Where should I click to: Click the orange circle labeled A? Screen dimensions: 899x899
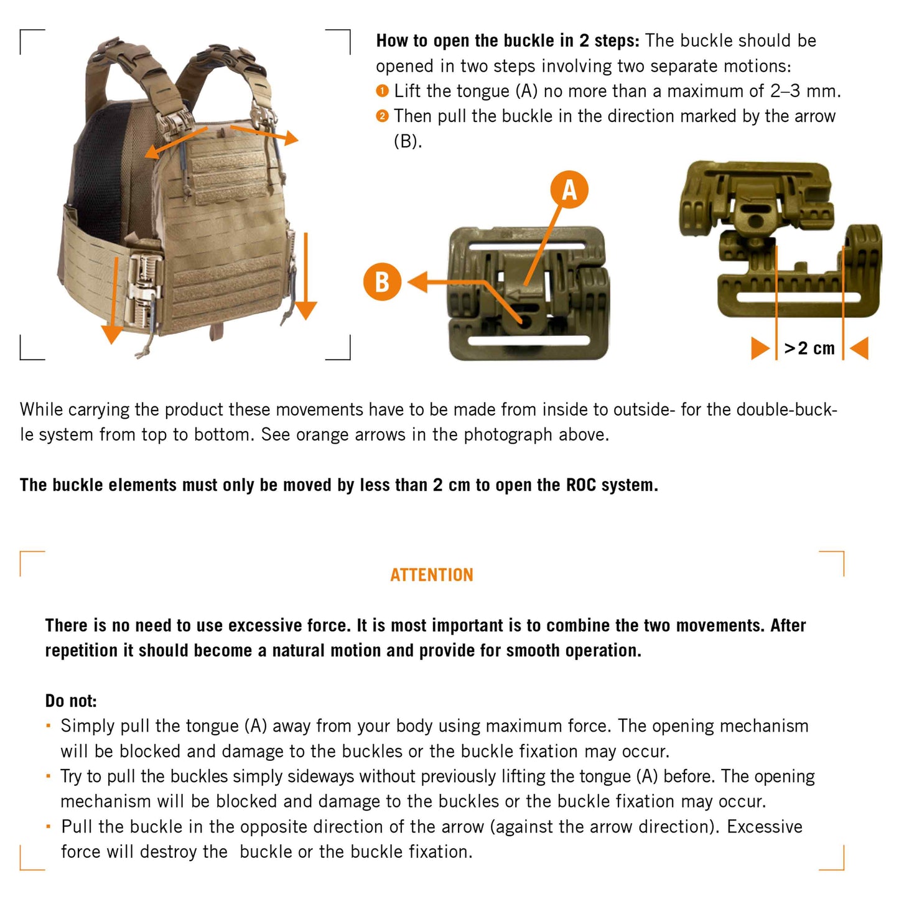(x=569, y=190)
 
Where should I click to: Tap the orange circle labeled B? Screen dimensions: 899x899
(x=382, y=282)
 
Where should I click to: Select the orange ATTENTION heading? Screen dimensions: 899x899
(x=432, y=575)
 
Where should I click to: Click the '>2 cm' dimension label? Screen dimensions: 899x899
(x=809, y=348)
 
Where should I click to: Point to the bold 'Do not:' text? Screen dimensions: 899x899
(x=71, y=701)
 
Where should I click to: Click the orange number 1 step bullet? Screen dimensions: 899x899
(x=383, y=91)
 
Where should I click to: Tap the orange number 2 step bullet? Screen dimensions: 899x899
(x=383, y=116)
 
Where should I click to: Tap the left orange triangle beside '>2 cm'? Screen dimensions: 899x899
(x=760, y=348)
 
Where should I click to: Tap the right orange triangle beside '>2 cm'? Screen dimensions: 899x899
(x=859, y=348)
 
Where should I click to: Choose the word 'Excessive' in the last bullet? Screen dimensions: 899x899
(x=765, y=827)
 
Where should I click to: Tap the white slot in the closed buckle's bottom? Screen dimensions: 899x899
(x=529, y=340)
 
